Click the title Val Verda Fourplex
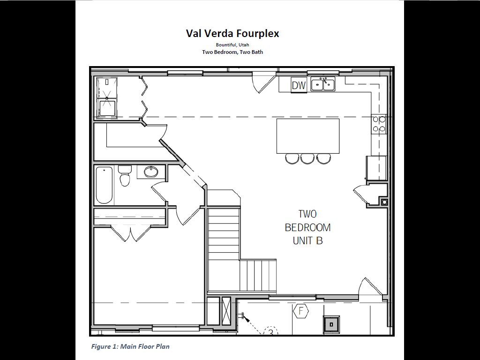pos(232,33)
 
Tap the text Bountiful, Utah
pos(232,45)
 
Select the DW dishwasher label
pos(299,85)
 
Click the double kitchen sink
pos(323,84)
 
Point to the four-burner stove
pos(379,124)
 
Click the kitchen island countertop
pos(308,136)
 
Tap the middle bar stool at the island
pos(307,158)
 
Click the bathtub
pos(104,185)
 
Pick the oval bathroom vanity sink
pos(151,172)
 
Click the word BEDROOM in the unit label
pos(307,227)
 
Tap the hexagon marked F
pos(301,311)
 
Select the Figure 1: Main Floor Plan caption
pos(130,346)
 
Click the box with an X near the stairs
pos(226,312)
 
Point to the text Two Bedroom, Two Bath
pos(232,52)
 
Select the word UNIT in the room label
pos(303,241)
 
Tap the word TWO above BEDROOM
pos(307,214)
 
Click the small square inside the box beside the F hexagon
pos(331,324)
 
